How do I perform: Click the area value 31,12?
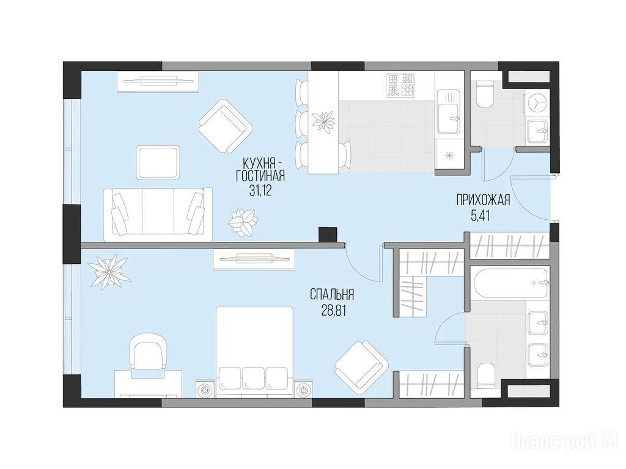[x=260, y=191]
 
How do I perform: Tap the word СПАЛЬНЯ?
[x=332, y=296]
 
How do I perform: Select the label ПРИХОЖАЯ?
[x=484, y=200]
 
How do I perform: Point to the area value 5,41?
[x=481, y=216]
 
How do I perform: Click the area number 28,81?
[x=333, y=311]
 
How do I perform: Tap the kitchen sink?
[x=449, y=112]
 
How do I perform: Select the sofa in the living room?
[x=158, y=214]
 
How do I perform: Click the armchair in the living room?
[x=226, y=125]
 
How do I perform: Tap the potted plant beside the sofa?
[x=242, y=222]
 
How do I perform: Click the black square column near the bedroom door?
[x=328, y=234]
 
